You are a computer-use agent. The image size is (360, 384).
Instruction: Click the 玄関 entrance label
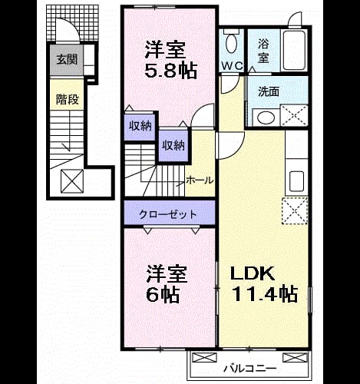[x=67, y=60]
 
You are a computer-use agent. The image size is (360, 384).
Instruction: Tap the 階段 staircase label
[x=68, y=99]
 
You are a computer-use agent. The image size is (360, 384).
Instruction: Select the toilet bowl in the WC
[x=232, y=41]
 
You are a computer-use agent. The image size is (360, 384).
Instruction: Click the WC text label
[x=232, y=66]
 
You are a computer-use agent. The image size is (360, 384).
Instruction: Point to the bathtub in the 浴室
[x=293, y=51]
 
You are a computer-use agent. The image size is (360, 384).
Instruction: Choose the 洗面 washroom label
[x=269, y=91]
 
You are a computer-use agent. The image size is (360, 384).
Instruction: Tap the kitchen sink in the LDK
[x=296, y=181]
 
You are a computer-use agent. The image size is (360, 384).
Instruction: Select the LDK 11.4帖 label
[x=264, y=284]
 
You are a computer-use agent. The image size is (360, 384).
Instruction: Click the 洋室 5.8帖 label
[x=170, y=60]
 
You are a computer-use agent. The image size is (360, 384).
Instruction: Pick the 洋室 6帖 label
[x=167, y=284]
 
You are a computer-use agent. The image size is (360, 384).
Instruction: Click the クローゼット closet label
[x=168, y=214]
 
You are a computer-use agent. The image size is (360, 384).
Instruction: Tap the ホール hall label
[x=200, y=180]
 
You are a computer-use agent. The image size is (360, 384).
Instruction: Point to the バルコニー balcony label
[x=250, y=369]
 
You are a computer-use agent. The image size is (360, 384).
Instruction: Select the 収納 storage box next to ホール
[x=173, y=146]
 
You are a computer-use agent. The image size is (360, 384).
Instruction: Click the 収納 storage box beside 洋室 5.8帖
[x=140, y=126]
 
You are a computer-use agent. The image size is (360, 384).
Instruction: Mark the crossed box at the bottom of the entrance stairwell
[x=72, y=181]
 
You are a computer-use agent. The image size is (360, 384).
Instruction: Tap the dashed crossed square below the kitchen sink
[x=295, y=211]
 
